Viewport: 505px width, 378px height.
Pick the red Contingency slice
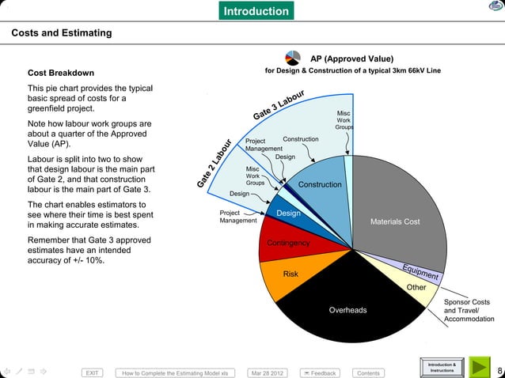coord(287,243)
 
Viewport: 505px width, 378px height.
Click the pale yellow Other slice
coord(416,287)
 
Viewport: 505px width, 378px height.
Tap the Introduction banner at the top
coord(256,11)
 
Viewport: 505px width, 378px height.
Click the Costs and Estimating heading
coord(61,33)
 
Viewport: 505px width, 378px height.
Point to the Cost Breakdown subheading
coord(61,73)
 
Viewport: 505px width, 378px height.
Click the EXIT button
coord(93,372)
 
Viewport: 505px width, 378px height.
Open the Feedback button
coord(319,372)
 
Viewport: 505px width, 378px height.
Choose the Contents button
coord(368,372)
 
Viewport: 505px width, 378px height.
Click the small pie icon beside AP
coord(292,58)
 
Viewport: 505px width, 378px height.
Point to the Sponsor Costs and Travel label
coord(467,310)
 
